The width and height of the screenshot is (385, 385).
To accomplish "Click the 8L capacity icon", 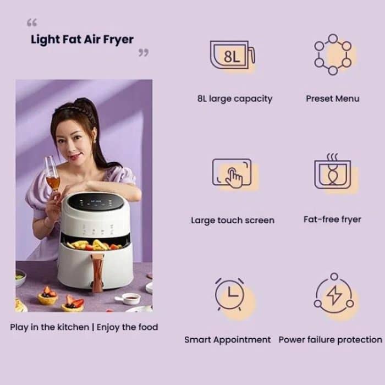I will pyautogui.click(x=233, y=56).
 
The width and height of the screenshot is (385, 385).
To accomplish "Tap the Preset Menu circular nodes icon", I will pyautogui.click(x=332, y=54).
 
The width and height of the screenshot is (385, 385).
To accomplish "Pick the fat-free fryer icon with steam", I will pyautogui.click(x=332, y=174).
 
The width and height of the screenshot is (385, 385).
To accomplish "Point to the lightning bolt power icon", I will pyautogui.click(x=333, y=297).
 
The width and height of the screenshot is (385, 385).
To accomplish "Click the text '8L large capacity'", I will pyautogui.click(x=235, y=99).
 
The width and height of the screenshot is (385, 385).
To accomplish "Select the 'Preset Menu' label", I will pyautogui.click(x=332, y=99).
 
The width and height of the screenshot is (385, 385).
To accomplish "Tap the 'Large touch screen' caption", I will pyautogui.click(x=233, y=220).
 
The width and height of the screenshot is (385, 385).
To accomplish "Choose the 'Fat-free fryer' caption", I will pyautogui.click(x=332, y=219).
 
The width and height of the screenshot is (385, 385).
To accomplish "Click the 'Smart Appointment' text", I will pyautogui.click(x=228, y=340).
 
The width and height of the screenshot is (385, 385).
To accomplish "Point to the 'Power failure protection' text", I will pyautogui.click(x=330, y=340).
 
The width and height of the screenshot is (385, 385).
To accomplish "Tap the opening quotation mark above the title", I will pyautogui.click(x=32, y=23).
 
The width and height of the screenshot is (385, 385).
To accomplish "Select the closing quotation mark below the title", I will pyautogui.click(x=143, y=53).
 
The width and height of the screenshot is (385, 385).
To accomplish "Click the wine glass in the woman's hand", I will pyautogui.click(x=52, y=176).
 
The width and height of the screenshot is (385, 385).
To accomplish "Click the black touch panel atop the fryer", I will pyautogui.click(x=97, y=202).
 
